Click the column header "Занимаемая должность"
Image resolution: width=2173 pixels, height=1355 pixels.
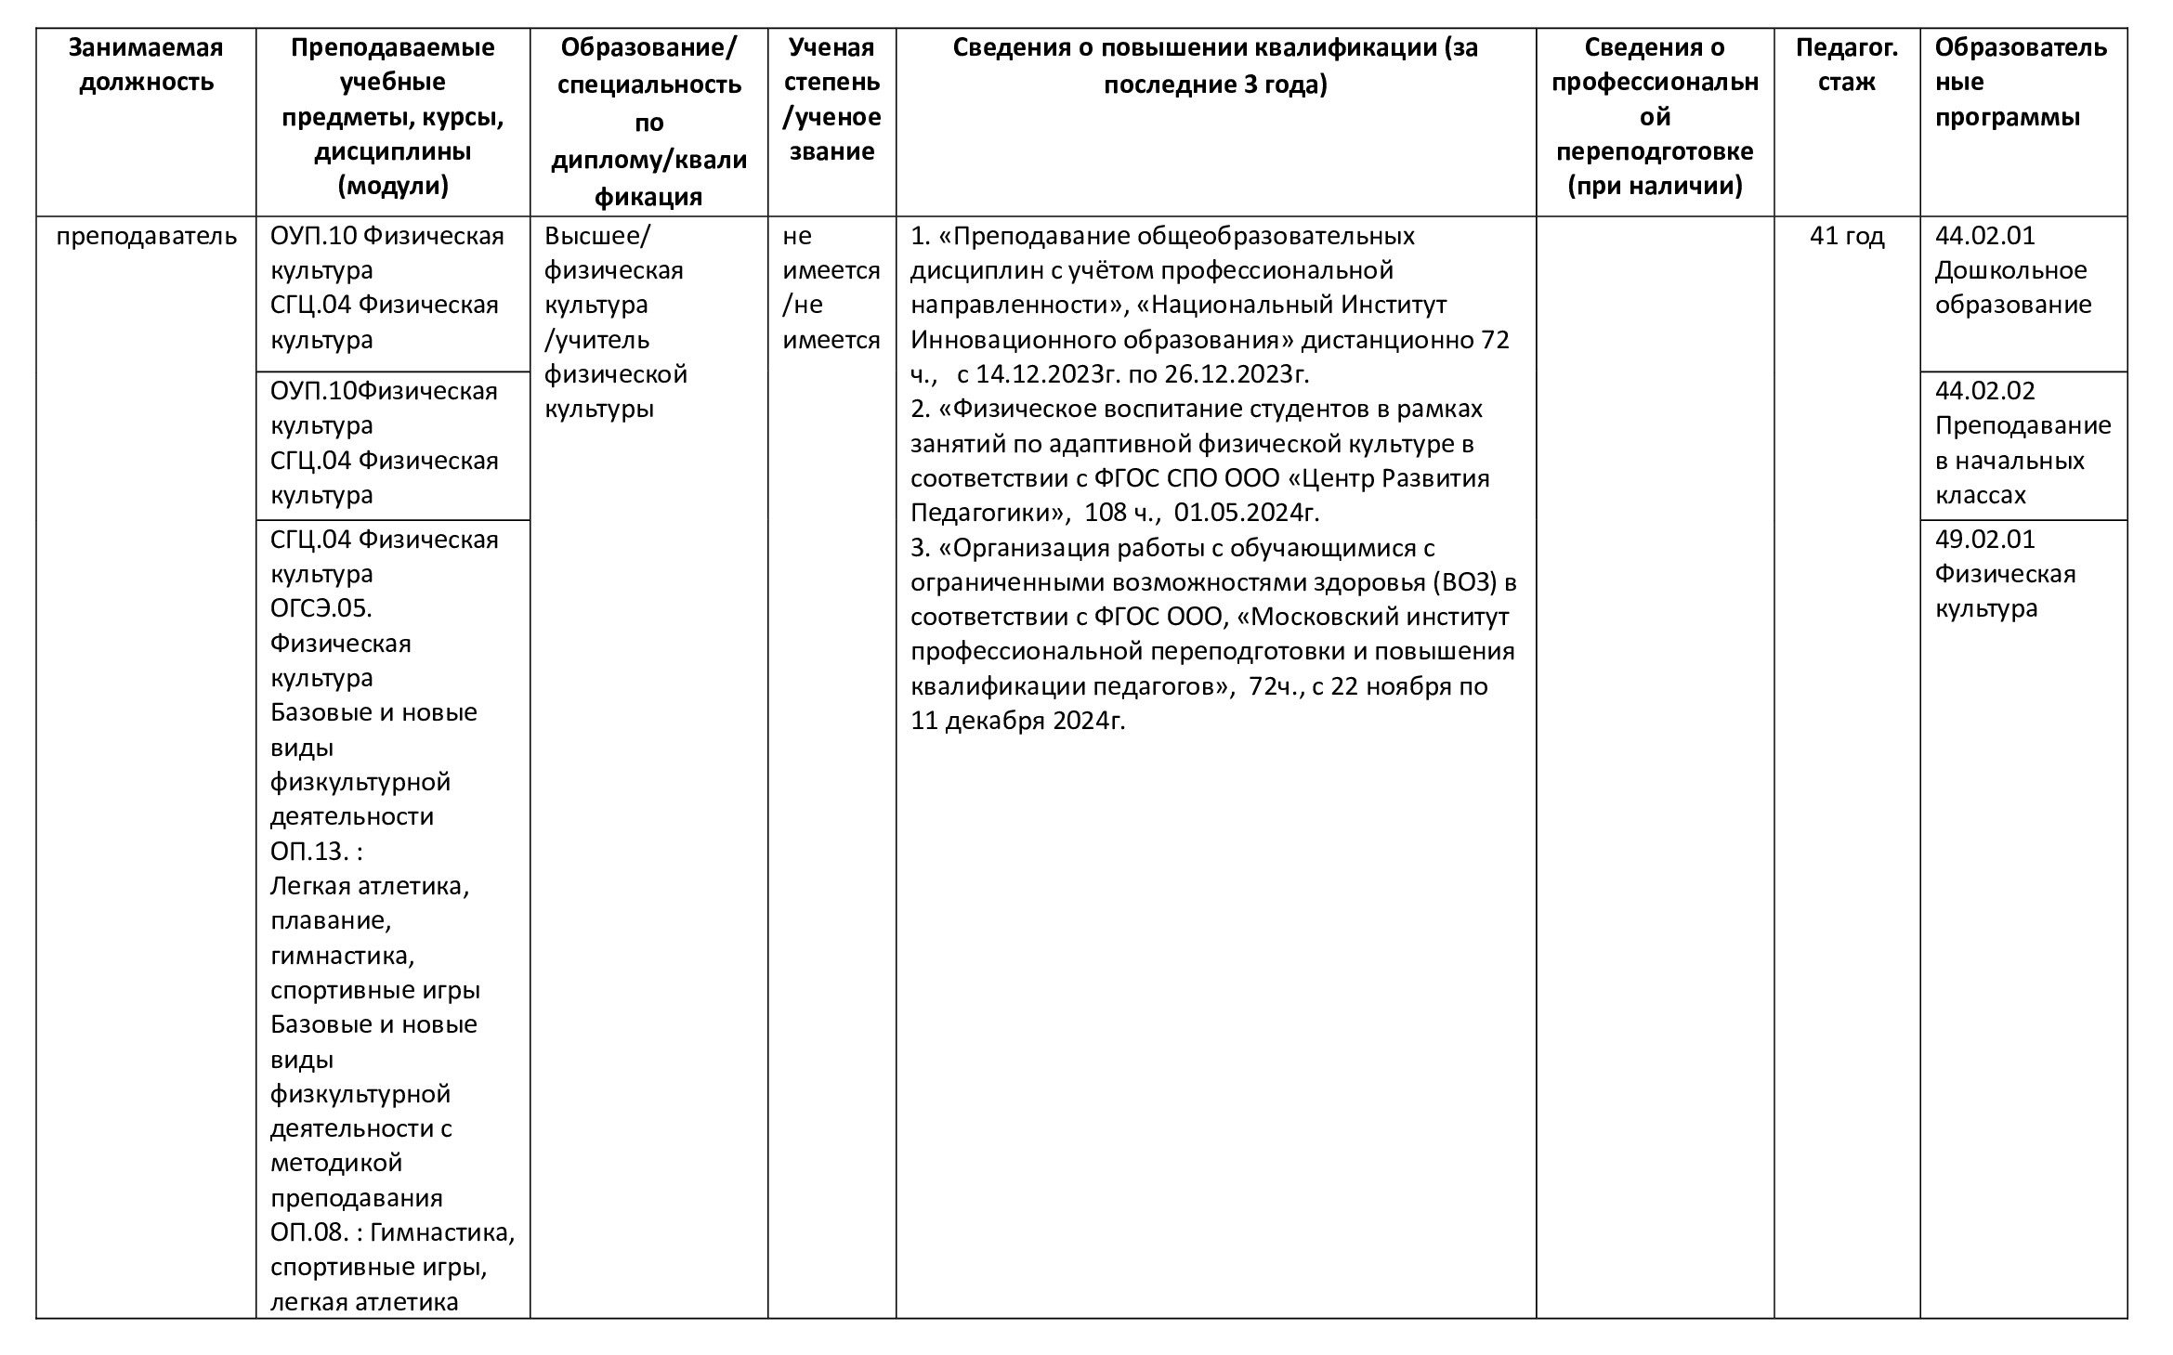[x=146, y=64]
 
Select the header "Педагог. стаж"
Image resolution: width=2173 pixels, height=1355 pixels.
[x=1846, y=64]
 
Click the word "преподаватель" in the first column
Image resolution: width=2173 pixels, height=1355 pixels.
[x=146, y=236]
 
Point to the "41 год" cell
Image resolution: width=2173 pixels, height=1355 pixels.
[x=1846, y=236]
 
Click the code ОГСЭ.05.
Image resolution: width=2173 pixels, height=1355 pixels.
[x=321, y=608]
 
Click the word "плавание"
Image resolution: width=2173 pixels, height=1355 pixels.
[x=330, y=920]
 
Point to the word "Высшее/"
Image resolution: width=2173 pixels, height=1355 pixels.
[x=598, y=236]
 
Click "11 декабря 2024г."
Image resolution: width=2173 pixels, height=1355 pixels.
[x=1017, y=721]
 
